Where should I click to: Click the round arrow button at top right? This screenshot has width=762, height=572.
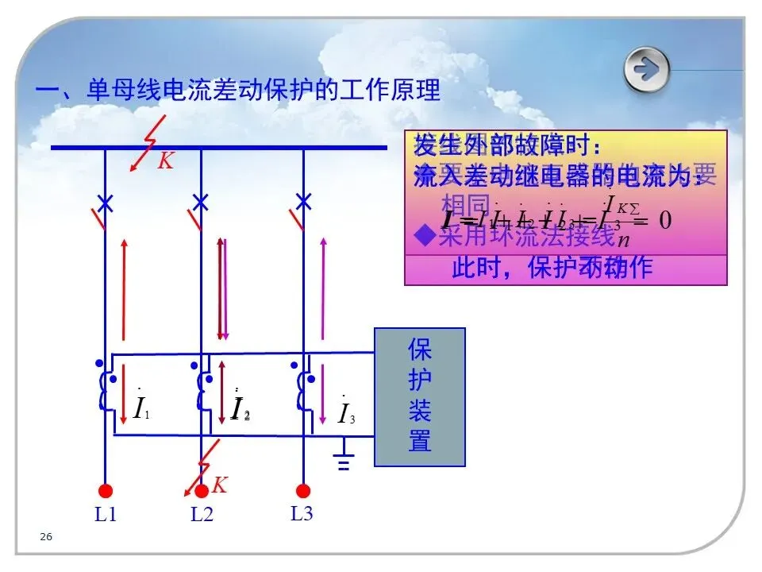click(647, 70)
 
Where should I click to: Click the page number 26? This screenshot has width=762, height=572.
click(46, 538)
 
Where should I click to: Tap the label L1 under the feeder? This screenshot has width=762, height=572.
click(106, 515)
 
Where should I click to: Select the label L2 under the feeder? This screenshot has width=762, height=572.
click(202, 515)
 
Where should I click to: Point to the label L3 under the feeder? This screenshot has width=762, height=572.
click(302, 513)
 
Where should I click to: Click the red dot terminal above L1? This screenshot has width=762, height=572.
click(105, 491)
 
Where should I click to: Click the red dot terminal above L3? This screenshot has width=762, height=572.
click(302, 491)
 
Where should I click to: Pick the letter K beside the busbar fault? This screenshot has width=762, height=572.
click(165, 161)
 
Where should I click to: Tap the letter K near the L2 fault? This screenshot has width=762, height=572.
click(220, 485)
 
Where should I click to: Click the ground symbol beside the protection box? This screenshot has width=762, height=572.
click(344, 459)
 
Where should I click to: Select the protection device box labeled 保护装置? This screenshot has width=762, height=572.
click(419, 396)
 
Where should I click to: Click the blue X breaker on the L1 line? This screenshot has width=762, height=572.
click(105, 202)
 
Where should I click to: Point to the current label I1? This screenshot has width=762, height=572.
click(141, 408)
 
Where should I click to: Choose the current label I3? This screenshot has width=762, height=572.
click(346, 413)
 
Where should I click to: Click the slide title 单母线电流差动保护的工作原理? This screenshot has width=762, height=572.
click(237, 90)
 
